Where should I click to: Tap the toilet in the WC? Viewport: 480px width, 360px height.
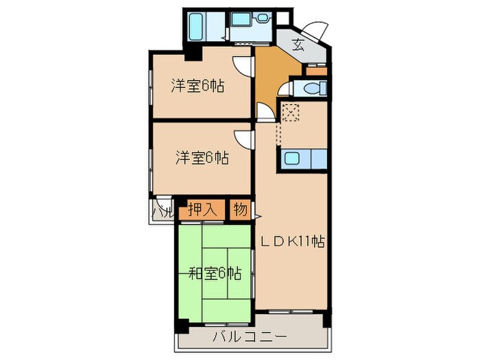click(x=315, y=88)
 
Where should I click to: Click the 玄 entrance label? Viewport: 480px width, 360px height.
click(x=298, y=46)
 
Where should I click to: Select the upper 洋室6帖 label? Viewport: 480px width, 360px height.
click(x=199, y=86)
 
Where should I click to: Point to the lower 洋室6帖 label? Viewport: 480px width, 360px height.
click(x=201, y=158)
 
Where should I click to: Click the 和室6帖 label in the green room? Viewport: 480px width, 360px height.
click(x=215, y=274)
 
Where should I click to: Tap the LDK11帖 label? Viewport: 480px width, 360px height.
click(x=291, y=241)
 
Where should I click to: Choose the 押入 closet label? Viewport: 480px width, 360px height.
click(x=202, y=209)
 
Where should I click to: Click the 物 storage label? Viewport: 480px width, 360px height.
click(x=239, y=209)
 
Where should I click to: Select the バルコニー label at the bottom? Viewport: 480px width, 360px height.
click(x=248, y=337)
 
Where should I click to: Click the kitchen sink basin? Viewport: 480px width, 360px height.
click(x=292, y=160)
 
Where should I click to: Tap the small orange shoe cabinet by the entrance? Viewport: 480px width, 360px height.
click(x=317, y=69)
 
